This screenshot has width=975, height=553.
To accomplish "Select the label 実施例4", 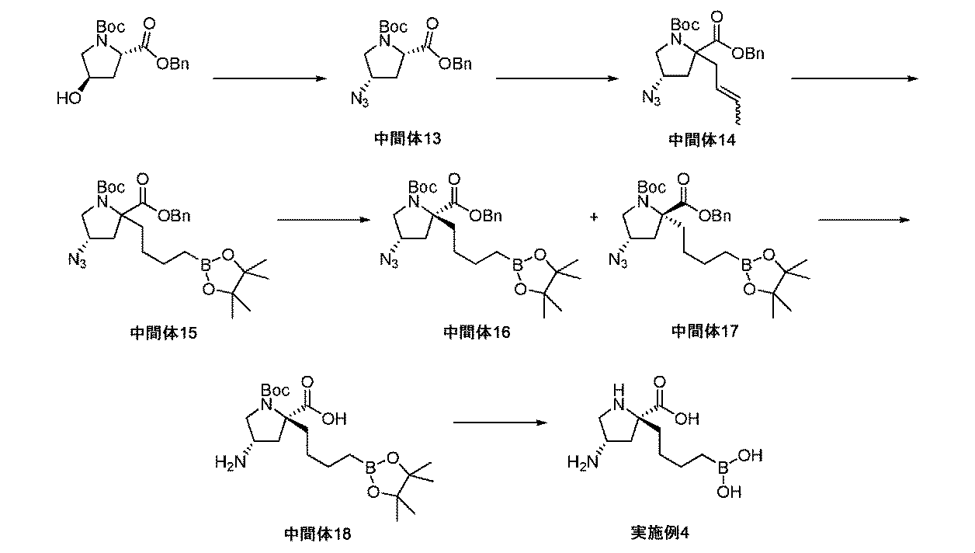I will point(661,534).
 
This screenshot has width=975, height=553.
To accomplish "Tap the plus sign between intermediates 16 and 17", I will point(594,218).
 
